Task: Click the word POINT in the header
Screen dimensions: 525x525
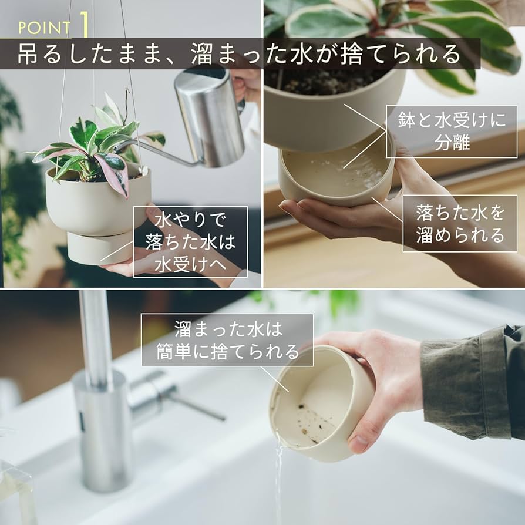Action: coord(44,28)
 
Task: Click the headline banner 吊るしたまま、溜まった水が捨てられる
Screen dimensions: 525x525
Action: coord(240,54)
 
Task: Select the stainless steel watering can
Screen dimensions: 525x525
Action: coord(209,117)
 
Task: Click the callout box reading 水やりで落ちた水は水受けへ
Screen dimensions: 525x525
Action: coord(190,241)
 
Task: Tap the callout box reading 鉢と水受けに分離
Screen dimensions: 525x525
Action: coord(451,132)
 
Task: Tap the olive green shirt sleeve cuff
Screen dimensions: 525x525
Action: coord(464,382)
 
